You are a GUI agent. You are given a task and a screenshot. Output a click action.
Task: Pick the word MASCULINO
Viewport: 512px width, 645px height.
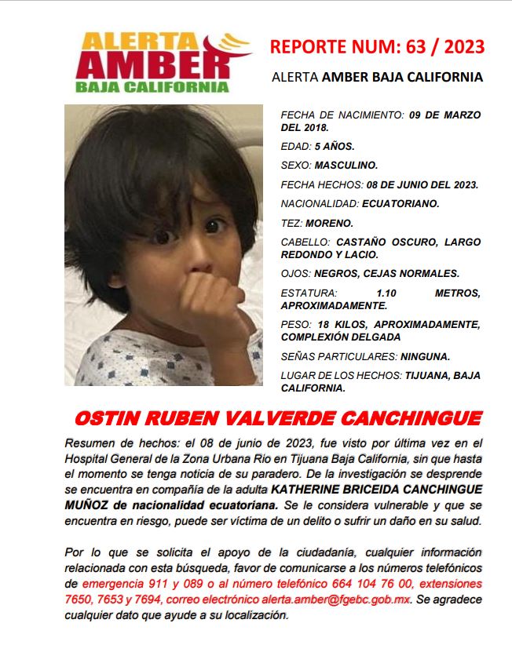[x=346, y=166]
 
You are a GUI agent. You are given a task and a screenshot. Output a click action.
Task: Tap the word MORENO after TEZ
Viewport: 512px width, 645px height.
[x=331, y=223]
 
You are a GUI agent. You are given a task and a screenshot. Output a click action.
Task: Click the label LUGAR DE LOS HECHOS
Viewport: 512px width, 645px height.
[x=341, y=375]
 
